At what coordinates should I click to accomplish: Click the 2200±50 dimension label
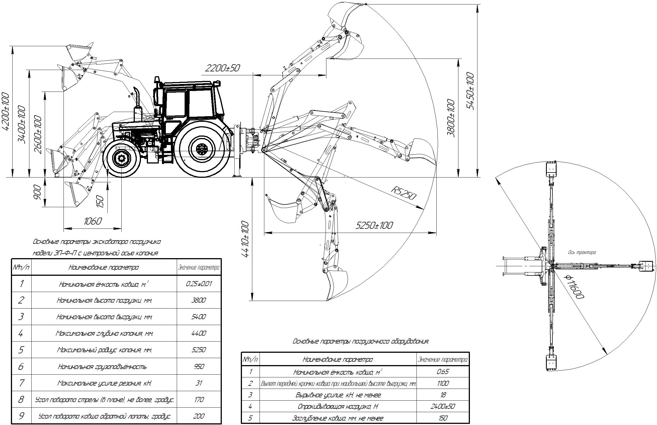point(222,68)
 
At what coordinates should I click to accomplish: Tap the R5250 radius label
point(403,193)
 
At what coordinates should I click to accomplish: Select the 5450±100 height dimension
point(470,91)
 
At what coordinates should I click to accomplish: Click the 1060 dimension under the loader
point(93,221)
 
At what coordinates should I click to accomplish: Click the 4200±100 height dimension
point(6,112)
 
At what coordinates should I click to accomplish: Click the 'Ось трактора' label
point(582,253)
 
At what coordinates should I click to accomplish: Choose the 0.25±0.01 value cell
point(199,284)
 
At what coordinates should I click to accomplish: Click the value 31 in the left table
point(199,383)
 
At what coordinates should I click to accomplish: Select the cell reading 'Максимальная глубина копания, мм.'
point(104,333)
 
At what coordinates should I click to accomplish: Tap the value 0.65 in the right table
point(443,372)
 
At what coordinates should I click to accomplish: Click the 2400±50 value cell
point(443,406)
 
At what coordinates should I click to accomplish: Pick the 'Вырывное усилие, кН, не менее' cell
point(338,395)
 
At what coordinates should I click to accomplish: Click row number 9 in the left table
point(21,416)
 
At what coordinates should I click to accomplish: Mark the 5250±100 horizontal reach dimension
point(374,225)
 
